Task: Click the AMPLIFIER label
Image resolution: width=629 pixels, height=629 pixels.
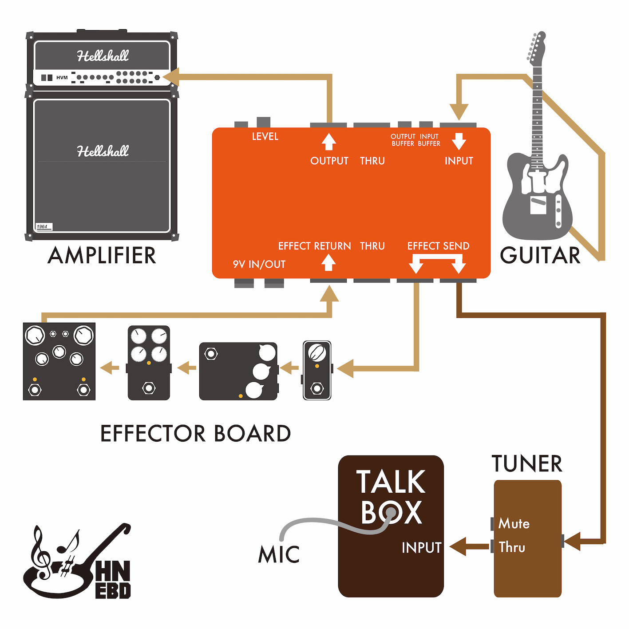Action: coord(102,255)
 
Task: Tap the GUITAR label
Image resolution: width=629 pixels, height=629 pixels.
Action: coord(540,255)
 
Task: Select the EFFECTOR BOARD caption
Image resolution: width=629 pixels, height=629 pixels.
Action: coord(195,434)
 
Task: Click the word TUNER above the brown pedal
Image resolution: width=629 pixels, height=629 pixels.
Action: coord(527,464)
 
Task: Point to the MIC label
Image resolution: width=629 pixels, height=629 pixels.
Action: coord(279,554)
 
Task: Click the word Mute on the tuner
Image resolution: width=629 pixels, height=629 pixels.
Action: coord(514,524)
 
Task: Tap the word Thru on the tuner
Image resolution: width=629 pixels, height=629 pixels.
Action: coord(512,547)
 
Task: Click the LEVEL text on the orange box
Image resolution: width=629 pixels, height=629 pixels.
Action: coord(265,137)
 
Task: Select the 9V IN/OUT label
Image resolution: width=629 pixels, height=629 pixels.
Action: coord(259,265)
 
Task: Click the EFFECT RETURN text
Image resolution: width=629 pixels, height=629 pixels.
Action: coord(314,246)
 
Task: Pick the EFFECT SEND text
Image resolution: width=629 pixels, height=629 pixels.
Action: coord(438,246)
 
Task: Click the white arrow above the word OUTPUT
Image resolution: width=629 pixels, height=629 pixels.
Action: coord(328,142)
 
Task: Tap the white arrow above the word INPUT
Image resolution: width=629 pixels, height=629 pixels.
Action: coord(459,142)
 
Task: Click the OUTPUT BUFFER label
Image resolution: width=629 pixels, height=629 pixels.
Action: coord(403,140)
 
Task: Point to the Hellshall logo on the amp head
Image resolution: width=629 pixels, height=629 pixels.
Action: coord(103,56)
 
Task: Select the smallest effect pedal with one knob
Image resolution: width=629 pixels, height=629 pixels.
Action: coord(317,370)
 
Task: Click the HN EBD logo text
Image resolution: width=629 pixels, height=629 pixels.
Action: coord(113,579)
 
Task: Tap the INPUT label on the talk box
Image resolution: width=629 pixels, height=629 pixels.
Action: coord(421,548)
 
